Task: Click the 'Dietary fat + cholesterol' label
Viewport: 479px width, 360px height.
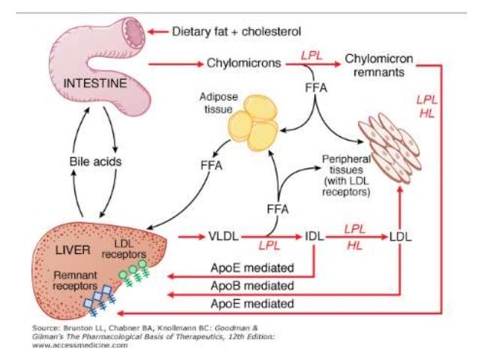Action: [x=236, y=32]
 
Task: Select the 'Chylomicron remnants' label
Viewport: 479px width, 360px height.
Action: [x=375, y=64]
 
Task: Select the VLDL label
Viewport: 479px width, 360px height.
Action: [x=221, y=237]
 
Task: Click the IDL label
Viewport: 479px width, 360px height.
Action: [x=316, y=237]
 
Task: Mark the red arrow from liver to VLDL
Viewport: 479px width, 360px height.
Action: [x=191, y=237]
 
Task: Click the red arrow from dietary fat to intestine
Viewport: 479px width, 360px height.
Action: [x=157, y=32]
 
